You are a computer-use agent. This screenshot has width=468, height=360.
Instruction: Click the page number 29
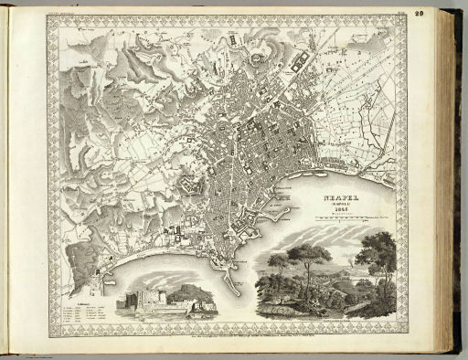coord(443,12)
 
